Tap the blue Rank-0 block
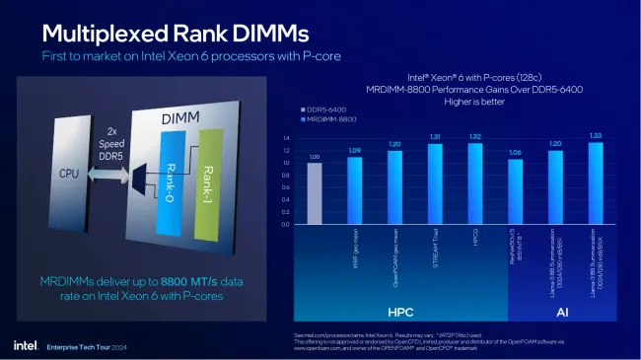pyautogui.click(x=170, y=177)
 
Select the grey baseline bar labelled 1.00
pyautogui.click(x=315, y=193)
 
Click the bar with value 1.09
pyautogui.click(x=355, y=190)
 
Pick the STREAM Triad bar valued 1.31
pyautogui.click(x=435, y=183)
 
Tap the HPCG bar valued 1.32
pyautogui.click(x=475, y=183)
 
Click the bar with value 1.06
pyautogui.click(x=515, y=191)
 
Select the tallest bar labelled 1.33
pyautogui.click(x=596, y=183)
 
